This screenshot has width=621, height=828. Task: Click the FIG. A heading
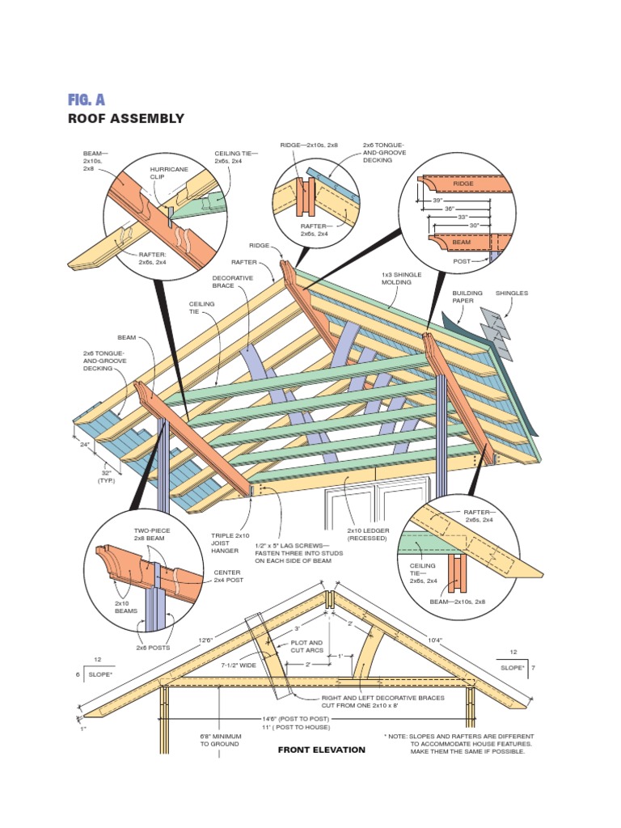coord(87,99)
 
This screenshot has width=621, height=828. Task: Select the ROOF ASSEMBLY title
coord(126,119)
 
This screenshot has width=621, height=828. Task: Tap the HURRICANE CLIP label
coord(169,174)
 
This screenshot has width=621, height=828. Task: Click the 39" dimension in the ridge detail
coord(437,199)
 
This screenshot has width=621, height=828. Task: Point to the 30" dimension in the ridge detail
coord(475,225)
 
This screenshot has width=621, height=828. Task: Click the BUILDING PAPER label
coord(467,297)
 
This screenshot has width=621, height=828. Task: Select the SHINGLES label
coord(511,293)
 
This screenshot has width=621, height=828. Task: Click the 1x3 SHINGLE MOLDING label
coord(402,279)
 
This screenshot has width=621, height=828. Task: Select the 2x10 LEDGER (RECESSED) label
coord(368,534)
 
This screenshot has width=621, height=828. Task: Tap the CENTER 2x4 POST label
coord(228,576)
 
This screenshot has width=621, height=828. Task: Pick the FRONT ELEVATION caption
coord(321,750)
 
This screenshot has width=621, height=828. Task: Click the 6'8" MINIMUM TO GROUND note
coord(219,740)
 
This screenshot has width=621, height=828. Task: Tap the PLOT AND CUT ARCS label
coord(306,647)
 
